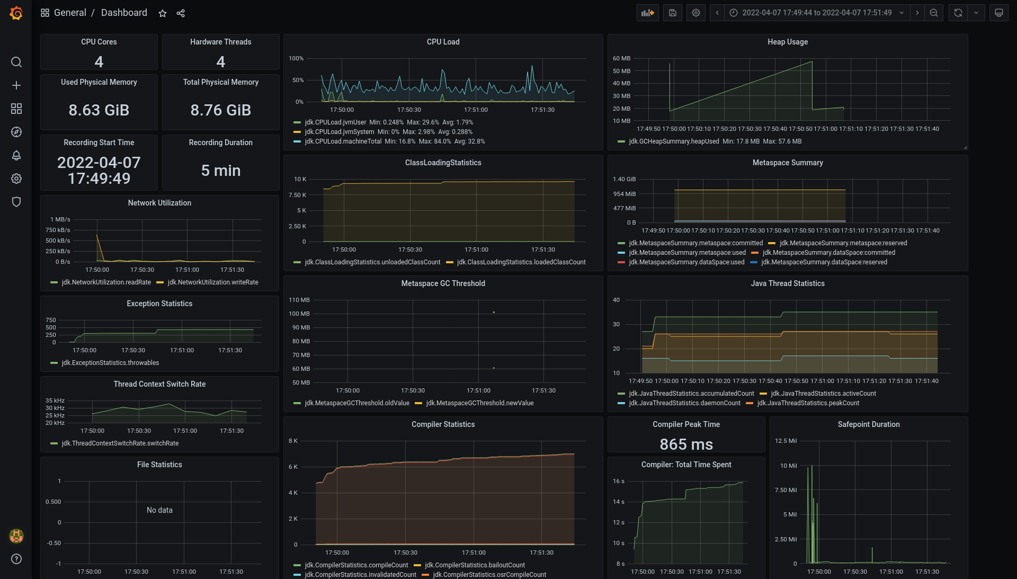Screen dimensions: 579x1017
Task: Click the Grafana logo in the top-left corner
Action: pos(16,13)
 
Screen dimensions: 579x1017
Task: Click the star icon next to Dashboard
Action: pos(163,13)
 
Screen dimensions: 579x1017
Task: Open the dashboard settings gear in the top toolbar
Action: pos(696,13)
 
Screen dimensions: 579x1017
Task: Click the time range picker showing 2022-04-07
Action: pos(816,13)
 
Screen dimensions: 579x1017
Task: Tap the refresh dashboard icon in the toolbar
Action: pos(958,13)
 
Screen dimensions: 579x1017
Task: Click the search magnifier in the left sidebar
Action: pos(16,62)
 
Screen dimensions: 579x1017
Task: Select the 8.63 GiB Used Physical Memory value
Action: pos(99,110)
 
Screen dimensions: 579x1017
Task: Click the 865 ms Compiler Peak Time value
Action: pos(686,444)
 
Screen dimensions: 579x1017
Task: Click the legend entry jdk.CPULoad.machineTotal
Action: pos(343,141)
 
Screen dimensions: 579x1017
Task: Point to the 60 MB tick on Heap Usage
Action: pos(621,58)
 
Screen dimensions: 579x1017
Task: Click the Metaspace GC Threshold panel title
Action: pos(443,283)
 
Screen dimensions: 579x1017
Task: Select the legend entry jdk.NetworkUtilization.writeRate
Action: pos(212,282)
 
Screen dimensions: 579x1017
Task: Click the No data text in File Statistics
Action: pos(159,510)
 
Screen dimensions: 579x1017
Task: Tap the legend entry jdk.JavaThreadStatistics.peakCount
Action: pos(808,403)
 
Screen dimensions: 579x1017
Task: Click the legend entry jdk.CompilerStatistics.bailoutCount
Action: pos(475,565)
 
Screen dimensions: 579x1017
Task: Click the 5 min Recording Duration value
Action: pos(221,171)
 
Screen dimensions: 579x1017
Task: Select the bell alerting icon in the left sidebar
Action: pos(16,155)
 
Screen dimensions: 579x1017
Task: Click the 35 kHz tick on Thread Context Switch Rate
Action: pos(55,400)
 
